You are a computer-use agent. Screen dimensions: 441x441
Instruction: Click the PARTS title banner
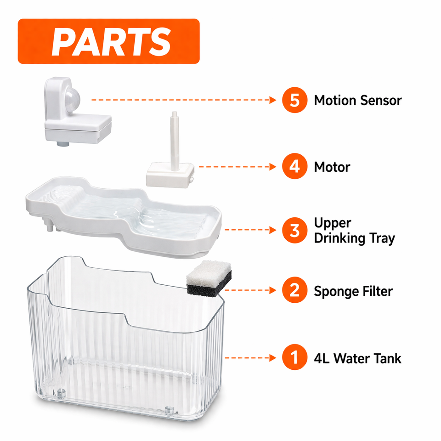(x=108, y=41)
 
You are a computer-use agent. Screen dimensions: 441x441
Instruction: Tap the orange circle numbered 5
(x=294, y=100)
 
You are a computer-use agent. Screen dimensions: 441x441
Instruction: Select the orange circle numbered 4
(x=294, y=167)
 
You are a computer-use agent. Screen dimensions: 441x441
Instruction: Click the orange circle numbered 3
(x=294, y=231)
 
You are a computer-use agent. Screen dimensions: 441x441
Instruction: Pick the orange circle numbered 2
(x=294, y=290)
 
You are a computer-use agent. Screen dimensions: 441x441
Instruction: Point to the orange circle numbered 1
(x=294, y=358)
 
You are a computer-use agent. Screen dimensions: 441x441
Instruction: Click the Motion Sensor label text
(x=357, y=100)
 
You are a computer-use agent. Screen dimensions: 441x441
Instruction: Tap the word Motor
(x=332, y=167)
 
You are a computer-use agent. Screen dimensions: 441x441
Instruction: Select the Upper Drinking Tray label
(x=354, y=231)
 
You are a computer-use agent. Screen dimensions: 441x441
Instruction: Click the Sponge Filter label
(x=353, y=291)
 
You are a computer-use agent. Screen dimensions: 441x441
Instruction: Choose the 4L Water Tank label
(x=357, y=358)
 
